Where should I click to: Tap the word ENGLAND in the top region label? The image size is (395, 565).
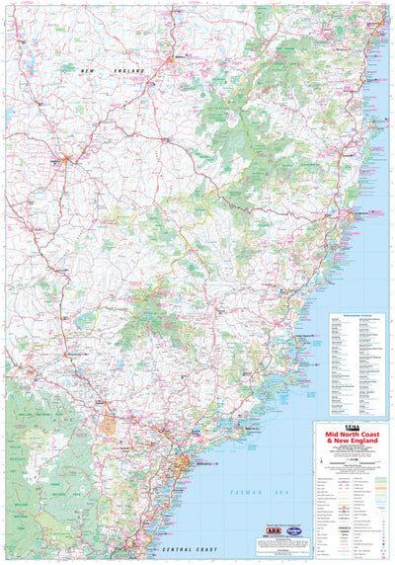pos(127,72)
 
